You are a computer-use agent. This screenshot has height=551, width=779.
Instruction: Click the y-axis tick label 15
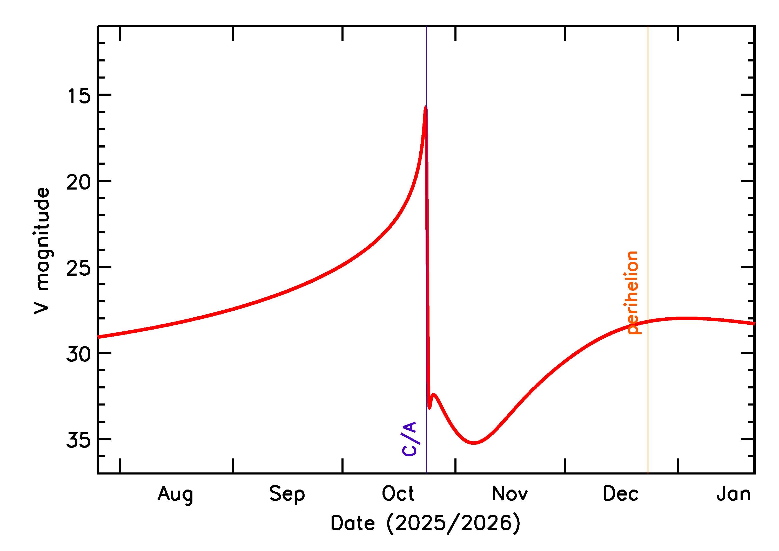coord(79,96)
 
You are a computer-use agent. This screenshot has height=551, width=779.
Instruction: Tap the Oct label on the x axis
coord(398,494)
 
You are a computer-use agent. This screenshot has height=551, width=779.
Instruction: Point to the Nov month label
coord(509,494)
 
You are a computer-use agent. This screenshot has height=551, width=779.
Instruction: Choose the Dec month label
coord(620,494)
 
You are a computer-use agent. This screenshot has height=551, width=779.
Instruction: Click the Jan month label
coord(734,494)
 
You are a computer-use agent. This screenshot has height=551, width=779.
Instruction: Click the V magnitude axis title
coord(42,251)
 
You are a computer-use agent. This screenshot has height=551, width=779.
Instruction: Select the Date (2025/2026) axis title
coord(425,523)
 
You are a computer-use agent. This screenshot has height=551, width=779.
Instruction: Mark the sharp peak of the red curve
coord(425,108)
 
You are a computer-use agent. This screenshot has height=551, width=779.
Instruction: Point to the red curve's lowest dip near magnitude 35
coord(474,443)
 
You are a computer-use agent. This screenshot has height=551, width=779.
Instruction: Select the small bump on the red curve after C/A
coord(434,395)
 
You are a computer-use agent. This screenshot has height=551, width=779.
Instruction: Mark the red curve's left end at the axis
coord(98,337)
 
